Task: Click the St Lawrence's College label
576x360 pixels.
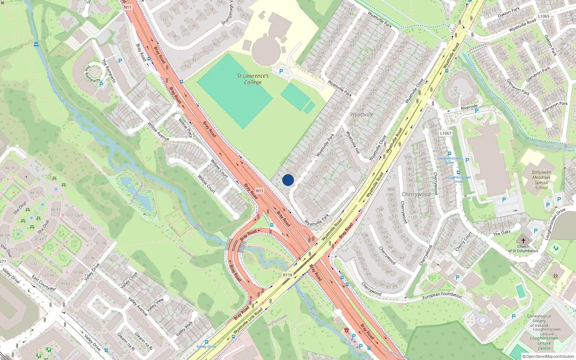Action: click(253, 79)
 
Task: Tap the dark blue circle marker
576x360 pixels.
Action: click(288, 180)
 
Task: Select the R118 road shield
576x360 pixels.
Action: click(287, 275)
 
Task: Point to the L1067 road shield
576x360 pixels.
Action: click(446, 133)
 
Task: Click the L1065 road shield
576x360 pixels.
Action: click(544, 16)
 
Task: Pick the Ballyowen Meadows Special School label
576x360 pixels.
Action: click(541, 180)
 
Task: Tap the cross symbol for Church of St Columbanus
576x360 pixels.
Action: click(523, 240)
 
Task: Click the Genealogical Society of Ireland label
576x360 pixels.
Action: click(539, 321)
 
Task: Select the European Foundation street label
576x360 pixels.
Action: click(442, 296)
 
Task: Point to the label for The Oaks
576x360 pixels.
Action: click(502, 233)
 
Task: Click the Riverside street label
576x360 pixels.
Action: click(469, 107)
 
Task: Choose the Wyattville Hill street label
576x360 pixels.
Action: click(353, 142)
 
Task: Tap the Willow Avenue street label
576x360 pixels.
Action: click(158, 131)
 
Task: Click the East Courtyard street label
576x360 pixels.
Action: click(44, 283)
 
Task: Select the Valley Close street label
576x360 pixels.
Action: click(129, 280)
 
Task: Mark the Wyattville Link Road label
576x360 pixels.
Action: click(248, 321)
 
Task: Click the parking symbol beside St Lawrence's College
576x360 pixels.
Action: click(281, 71)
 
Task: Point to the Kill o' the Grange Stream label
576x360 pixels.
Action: click(555, 148)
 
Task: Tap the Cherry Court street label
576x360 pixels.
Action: click(463, 242)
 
